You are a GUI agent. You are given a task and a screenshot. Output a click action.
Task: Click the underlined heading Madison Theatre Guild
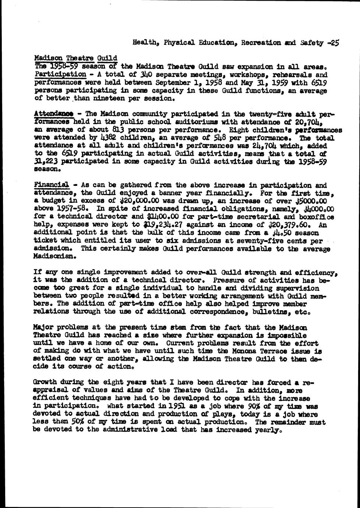[x=75, y=58]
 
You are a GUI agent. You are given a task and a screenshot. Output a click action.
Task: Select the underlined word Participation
[x=60, y=74]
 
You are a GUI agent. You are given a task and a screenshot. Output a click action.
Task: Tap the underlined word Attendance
[x=53, y=114]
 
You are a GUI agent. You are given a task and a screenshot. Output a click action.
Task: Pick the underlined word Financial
[x=52, y=185]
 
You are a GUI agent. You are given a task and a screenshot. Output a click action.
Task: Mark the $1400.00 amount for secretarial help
[x=162, y=217]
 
